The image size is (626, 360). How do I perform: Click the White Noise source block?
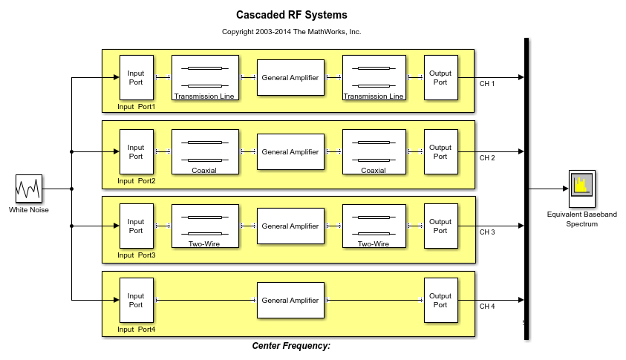pyautogui.click(x=29, y=189)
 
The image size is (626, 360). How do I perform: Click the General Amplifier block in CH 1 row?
pyautogui.click(x=290, y=77)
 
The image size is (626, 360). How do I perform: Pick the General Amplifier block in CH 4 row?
pyautogui.click(x=290, y=300)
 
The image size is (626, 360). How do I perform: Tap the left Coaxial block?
pyautogui.click(x=205, y=151)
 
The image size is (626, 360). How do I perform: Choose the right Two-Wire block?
pyautogui.click(x=374, y=226)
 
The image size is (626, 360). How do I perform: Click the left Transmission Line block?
pyautogui.click(x=205, y=77)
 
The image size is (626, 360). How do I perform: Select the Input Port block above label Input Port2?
pyautogui.click(x=137, y=151)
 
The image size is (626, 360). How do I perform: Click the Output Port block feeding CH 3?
pyautogui.click(x=441, y=226)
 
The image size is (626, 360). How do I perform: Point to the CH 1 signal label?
pyautogui.click(x=487, y=84)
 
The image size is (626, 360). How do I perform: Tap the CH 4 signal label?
pyautogui.click(x=487, y=307)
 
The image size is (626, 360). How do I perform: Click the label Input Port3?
pyautogui.click(x=137, y=255)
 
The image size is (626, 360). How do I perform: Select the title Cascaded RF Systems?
pyautogui.click(x=291, y=15)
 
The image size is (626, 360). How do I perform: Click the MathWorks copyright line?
pyautogui.click(x=291, y=31)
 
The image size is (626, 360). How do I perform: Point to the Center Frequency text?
pyautogui.click(x=291, y=346)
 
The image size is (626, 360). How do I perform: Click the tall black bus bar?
pyautogui.click(x=526, y=189)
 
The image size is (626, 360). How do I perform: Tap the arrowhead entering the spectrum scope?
pyautogui.click(x=566, y=189)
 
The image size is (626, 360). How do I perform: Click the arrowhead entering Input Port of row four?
pyautogui.click(x=117, y=300)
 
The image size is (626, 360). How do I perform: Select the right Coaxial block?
pyautogui.click(x=374, y=151)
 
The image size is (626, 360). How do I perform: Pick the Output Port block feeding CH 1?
pyautogui.click(x=441, y=77)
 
